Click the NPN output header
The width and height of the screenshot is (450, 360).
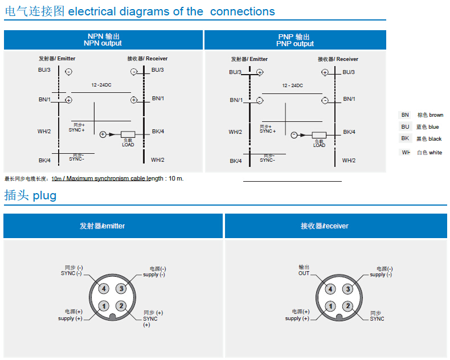click(x=103, y=40)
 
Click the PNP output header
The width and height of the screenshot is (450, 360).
click(x=294, y=40)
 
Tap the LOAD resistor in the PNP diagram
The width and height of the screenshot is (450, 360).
click(x=319, y=135)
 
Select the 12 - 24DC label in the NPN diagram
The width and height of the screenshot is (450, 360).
click(x=101, y=85)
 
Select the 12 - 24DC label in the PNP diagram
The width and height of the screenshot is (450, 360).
click(x=292, y=85)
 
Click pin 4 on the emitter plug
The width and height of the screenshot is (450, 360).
click(x=103, y=289)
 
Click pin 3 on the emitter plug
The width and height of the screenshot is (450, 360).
click(x=121, y=289)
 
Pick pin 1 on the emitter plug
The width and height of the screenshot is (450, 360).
click(x=103, y=306)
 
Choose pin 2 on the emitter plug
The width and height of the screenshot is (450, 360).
click(x=121, y=306)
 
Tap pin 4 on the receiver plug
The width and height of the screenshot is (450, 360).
click(x=330, y=289)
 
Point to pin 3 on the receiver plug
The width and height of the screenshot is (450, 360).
click(x=347, y=289)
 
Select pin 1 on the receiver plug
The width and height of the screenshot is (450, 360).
click(x=330, y=306)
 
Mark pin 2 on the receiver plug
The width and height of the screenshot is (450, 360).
click(x=347, y=306)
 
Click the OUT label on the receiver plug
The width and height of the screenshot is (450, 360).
click(x=304, y=273)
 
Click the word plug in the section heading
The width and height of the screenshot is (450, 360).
click(x=44, y=196)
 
